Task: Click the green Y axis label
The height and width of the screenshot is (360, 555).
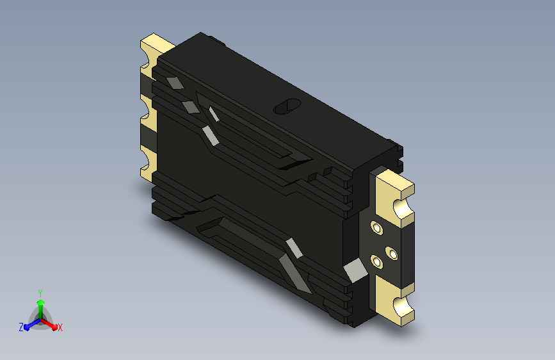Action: (40, 293)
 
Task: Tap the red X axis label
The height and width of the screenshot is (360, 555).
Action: (60, 327)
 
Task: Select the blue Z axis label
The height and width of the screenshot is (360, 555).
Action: (21, 327)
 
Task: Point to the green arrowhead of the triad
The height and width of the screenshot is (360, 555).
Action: (40, 302)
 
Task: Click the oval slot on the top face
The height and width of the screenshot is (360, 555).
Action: (287, 106)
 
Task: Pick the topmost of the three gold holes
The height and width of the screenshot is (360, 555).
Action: (376, 228)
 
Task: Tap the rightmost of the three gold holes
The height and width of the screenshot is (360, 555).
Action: (392, 254)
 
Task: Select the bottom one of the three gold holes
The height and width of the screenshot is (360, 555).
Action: (376, 262)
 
